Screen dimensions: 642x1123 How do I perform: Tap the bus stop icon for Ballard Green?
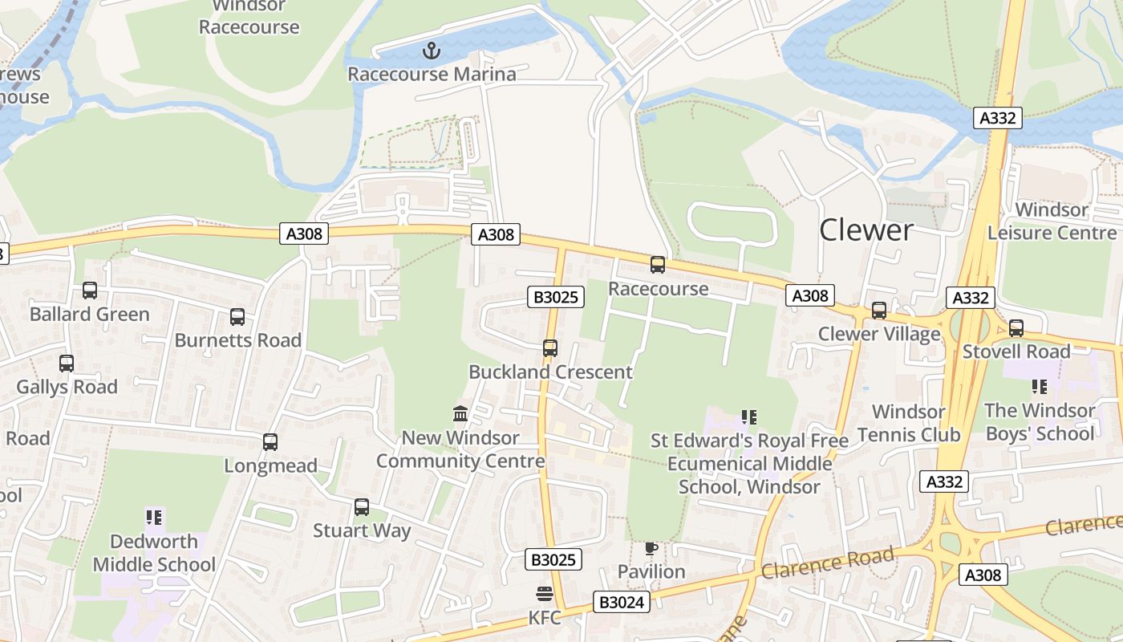tap(90, 291)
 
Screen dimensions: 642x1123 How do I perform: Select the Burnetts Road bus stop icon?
tap(237, 317)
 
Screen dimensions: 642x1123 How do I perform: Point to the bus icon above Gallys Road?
tap(67, 364)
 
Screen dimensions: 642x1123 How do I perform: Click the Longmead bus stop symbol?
tap(270, 442)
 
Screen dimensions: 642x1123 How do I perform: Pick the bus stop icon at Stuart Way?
tap(362, 507)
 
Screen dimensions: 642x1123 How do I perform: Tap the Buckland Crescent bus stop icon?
tap(550, 348)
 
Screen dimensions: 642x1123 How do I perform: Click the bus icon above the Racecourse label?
tap(658, 265)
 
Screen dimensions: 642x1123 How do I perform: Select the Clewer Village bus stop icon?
tap(879, 311)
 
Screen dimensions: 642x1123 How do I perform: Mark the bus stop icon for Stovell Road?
tap(1016, 328)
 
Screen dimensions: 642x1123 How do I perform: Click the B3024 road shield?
tap(621, 602)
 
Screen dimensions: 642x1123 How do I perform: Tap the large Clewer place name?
tap(866, 231)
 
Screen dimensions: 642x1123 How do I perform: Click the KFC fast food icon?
tap(545, 595)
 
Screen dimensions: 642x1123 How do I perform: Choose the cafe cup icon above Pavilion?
tap(651, 549)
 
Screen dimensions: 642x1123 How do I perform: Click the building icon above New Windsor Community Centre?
tap(460, 414)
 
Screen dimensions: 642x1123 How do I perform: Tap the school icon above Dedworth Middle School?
tap(154, 517)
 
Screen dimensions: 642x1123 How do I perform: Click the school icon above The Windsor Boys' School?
tap(1040, 387)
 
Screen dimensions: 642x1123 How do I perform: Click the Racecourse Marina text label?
tap(432, 75)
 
